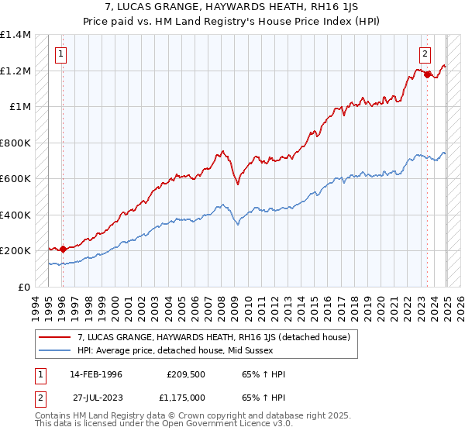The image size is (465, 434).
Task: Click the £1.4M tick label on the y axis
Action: click(16, 35)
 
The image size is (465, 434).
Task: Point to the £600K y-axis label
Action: click(16, 179)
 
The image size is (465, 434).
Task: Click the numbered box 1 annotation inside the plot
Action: click(60, 54)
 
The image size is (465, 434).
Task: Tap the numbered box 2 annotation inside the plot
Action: click(425, 54)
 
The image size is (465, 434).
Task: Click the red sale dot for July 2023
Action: click(427, 75)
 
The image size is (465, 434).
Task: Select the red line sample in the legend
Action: click(56, 337)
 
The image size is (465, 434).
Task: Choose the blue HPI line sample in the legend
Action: click(56, 350)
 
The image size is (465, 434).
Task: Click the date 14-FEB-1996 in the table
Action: click(95, 374)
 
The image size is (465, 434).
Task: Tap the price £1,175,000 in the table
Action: click(186, 398)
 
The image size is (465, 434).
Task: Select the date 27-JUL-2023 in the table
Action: click(95, 398)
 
